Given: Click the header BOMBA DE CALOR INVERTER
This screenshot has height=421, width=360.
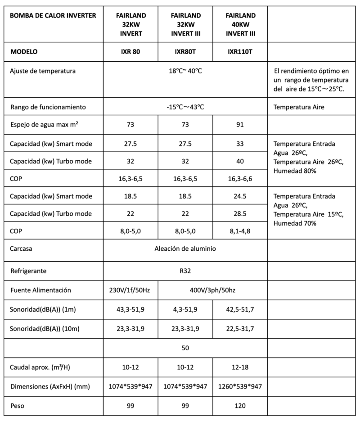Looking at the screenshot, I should [x=53, y=16].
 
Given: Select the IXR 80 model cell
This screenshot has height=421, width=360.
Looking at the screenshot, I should [x=130, y=51].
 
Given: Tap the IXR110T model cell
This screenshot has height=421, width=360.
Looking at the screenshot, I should [x=240, y=51].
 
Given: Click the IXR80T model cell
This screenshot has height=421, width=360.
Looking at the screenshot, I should [x=185, y=51].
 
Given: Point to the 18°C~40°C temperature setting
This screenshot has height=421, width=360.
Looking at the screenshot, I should [x=185, y=71].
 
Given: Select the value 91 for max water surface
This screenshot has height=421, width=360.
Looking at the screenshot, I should [x=240, y=125].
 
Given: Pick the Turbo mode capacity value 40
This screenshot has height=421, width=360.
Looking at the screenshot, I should [x=240, y=161].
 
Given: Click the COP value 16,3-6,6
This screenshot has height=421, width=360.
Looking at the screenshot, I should [x=240, y=178].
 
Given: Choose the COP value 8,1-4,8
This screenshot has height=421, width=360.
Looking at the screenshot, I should [x=240, y=231].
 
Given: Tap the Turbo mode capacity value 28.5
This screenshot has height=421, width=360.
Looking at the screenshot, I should [x=240, y=213].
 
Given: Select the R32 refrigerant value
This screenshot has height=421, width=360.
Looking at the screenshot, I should [x=185, y=272].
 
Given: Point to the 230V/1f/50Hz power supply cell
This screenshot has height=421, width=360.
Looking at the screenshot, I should [x=130, y=290].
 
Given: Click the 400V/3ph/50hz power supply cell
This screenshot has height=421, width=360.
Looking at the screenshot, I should [x=212, y=290].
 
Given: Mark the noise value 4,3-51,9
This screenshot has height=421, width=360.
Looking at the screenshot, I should [x=185, y=310].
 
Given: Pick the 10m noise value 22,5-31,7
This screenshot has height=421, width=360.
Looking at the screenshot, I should [x=240, y=329].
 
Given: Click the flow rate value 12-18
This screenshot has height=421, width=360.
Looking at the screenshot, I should [x=240, y=367].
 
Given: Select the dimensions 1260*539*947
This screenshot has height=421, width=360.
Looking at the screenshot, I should [x=240, y=386].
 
